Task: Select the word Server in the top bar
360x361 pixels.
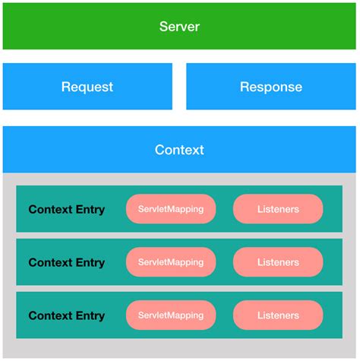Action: point(179,27)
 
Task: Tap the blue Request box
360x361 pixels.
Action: point(87,87)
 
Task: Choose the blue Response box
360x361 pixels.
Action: point(271,87)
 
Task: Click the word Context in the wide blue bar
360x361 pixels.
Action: point(179,150)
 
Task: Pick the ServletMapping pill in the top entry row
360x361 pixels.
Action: point(171,209)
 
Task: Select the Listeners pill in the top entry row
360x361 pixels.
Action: point(278,209)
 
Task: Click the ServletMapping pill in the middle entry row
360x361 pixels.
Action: point(171,262)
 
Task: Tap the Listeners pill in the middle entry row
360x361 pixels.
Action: point(278,262)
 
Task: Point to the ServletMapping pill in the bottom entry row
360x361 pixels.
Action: point(171,315)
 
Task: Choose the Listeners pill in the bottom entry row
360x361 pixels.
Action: point(278,315)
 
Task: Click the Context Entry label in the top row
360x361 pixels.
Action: point(67,209)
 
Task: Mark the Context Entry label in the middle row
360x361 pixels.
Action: point(67,262)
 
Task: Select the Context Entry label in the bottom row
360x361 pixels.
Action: point(67,315)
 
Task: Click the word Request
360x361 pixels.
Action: point(87,87)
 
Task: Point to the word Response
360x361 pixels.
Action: point(271,87)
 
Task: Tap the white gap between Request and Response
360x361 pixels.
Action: point(179,87)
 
